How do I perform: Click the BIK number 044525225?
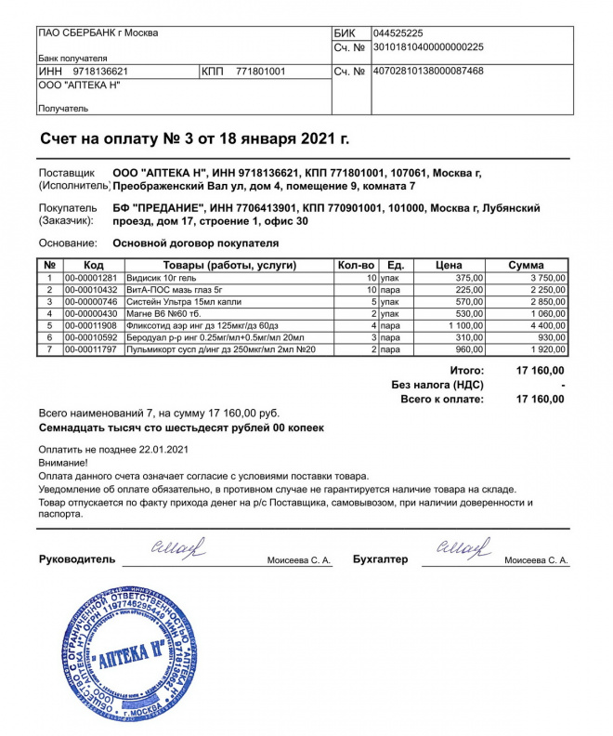(398, 33)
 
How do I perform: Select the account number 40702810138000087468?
(427, 71)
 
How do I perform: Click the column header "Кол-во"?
(356, 266)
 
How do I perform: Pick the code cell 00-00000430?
(90, 314)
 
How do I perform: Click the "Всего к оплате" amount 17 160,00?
(539, 400)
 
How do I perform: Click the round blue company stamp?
(126, 660)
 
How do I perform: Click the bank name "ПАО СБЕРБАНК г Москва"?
(98, 33)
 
